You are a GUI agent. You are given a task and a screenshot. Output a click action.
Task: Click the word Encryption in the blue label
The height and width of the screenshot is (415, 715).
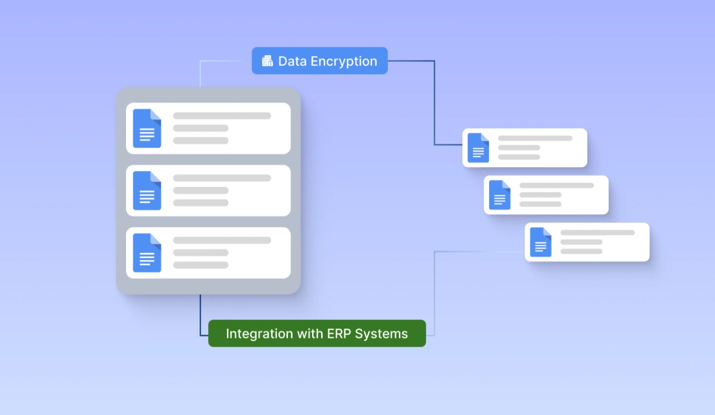tap(343, 61)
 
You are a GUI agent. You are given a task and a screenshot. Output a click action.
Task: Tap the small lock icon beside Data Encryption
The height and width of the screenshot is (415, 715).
tap(267, 61)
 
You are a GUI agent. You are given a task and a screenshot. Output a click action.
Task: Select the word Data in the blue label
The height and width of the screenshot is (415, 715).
tap(292, 61)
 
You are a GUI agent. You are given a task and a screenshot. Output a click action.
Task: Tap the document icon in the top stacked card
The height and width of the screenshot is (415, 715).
tap(147, 128)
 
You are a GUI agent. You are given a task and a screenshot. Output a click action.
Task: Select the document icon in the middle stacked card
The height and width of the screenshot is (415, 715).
tap(147, 191)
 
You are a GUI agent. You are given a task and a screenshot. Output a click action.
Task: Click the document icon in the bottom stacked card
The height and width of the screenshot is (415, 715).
tap(147, 253)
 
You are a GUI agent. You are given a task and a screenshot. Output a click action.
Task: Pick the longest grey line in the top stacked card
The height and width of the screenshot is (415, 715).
tap(222, 116)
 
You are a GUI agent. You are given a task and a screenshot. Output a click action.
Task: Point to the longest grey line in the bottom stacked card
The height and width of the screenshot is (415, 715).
tap(222, 241)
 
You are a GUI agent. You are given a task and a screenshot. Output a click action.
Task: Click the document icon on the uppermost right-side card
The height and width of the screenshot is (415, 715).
tap(478, 148)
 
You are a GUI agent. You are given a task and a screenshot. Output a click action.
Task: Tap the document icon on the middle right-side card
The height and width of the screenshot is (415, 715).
tap(499, 195)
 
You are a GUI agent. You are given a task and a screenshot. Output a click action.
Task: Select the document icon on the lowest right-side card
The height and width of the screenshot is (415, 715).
tap(540, 242)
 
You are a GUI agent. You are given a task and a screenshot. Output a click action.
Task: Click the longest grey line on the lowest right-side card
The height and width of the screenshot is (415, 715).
tap(597, 233)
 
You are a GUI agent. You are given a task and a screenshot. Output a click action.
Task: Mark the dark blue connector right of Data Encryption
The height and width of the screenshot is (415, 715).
tap(434, 101)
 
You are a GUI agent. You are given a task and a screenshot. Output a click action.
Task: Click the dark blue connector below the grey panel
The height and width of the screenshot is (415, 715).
tap(201, 317)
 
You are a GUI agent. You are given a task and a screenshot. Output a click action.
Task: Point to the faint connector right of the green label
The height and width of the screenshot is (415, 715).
tap(434, 292)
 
